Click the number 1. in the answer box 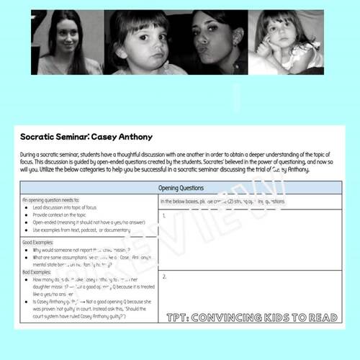(165, 215)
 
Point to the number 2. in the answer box (165, 276)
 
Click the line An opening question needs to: (54, 201)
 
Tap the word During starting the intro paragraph (30, 153)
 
